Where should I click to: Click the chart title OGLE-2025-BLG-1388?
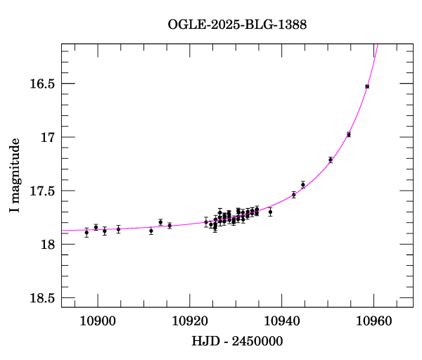click(237, 25)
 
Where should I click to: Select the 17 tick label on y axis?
click(47, 137)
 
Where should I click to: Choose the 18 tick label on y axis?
click(47, 244)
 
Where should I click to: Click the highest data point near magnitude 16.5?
click(367, 86)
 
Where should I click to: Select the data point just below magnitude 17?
click(349, 134)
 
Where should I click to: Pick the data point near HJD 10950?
click(331, 160)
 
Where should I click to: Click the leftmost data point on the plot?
click(87, 233)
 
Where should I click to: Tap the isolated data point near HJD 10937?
click(270, 212)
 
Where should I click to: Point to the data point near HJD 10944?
click(303, 184)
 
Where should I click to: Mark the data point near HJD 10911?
click(151, 231)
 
